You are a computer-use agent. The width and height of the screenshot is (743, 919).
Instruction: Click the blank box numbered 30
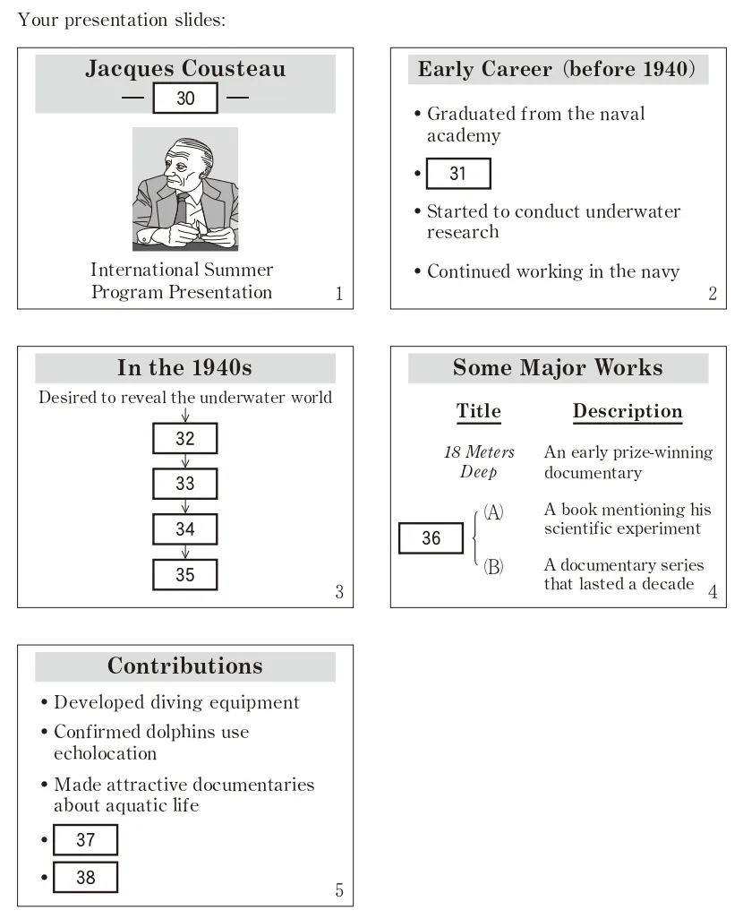point(185,98)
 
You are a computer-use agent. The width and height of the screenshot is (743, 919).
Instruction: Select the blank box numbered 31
point(458,174)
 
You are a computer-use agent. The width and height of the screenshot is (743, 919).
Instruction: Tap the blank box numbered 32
point(185,439)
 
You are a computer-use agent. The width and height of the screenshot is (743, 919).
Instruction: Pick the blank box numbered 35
point(185,574)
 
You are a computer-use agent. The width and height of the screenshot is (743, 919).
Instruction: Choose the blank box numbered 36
point(431,537)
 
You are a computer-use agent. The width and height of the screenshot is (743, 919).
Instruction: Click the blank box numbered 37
point(85,840)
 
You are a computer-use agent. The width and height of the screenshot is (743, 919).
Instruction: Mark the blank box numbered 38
point(85,877)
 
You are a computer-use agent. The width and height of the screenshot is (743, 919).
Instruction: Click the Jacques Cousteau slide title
point(185,69)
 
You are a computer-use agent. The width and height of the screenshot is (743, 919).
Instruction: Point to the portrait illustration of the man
point(185,189)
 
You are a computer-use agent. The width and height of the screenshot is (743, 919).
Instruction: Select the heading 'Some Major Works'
point(558,368)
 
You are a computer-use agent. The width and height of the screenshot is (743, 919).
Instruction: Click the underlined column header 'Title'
point(479,411)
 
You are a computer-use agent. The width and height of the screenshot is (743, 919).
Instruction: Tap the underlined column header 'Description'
point(628,411)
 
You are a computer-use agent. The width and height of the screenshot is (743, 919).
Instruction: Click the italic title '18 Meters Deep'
point(479,462)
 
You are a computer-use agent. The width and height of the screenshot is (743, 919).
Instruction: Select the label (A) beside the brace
point(493,512)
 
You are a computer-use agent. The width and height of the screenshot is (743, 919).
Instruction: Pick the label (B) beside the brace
point(493,567)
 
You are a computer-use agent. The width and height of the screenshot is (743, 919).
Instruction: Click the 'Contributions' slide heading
point(185,666)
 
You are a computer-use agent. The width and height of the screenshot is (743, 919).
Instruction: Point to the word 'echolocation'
point(105,753)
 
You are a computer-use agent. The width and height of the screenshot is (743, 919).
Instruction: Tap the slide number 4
point(713,592)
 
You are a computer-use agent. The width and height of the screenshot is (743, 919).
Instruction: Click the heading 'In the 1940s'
point(185,368)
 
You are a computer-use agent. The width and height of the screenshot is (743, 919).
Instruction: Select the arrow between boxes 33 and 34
point(185,507)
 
